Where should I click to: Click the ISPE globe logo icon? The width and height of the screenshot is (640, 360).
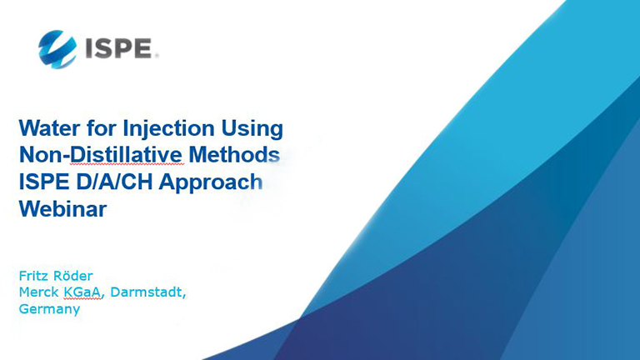pos(57,49)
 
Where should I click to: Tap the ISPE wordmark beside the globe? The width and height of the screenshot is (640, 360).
pos(119,48)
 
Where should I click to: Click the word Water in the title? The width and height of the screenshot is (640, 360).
pos(49,128)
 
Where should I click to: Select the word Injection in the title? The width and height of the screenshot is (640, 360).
pos(168,128)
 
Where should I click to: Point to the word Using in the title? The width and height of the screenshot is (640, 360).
pos(252,129)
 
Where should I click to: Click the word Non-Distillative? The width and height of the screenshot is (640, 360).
pos(100,155)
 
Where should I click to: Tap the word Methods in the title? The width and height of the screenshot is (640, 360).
pos(234,155)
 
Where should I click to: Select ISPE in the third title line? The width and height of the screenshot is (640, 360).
pos(44,182)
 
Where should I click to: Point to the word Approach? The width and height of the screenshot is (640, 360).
pos(211,182)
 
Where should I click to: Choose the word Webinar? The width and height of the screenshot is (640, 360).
pos(62,208)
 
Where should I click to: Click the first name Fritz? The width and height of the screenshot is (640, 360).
pos(32,276)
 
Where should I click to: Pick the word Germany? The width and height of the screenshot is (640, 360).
pos(49,309)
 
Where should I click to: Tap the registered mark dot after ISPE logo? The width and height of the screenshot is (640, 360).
pos(157,56)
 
